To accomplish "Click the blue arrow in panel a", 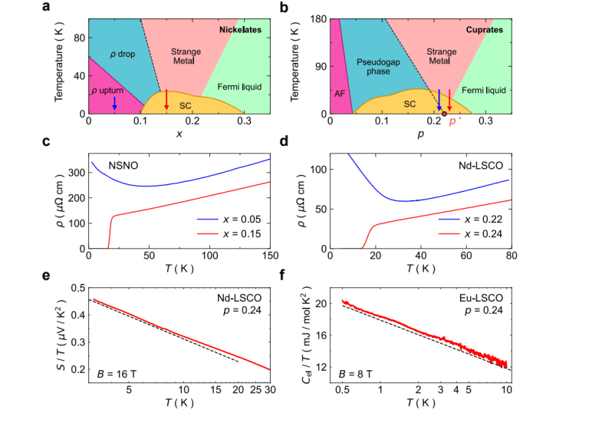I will tap(114, 101).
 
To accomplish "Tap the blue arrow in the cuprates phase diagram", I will tap(439, 99).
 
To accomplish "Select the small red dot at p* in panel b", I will tap(444, 114).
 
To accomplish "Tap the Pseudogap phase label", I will tap(373, 66).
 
